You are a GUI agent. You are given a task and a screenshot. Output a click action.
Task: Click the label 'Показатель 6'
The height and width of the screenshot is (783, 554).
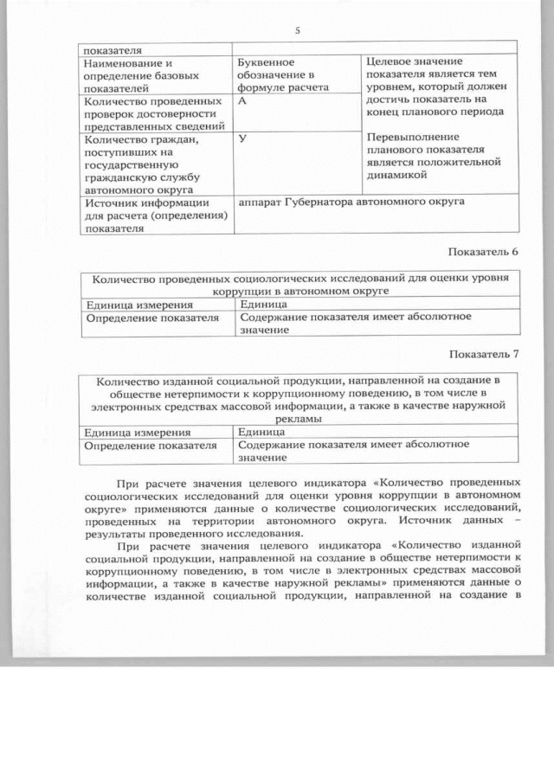tap(484, 252)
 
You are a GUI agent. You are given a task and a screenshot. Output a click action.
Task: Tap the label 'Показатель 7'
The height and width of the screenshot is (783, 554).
tap(484, 354)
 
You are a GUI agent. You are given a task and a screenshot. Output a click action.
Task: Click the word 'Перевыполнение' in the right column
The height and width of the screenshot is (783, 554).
tap(413, 138)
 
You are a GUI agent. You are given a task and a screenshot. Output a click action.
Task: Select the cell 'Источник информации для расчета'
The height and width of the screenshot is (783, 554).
tap(155, 215)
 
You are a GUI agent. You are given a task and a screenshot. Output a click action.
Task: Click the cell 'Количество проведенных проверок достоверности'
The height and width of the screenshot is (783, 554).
tap(155, 113)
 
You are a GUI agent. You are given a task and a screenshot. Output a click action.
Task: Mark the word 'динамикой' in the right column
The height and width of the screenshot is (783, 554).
tap(397, 175)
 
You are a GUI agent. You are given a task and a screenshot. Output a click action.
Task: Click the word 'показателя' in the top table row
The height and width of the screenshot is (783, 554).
tap(113, 49)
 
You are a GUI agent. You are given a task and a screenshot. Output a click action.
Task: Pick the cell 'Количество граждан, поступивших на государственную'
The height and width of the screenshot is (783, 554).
tap(155, 164)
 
